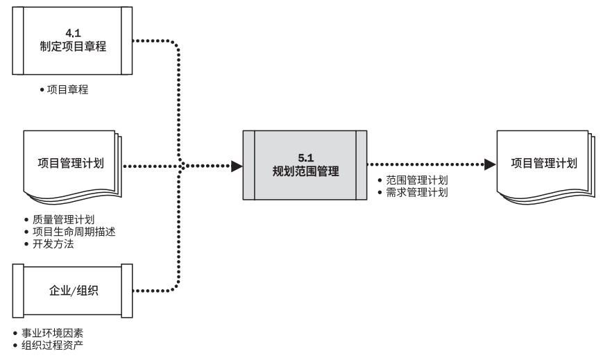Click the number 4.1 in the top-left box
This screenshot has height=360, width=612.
pyautogui.click(x=74, y=32)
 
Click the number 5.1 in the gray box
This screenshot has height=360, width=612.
pyautogui.click(x=305, y=157)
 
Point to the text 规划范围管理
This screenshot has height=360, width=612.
pyautogui.click(x=305, y=169)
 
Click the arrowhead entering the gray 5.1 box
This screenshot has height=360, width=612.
pyautogui.click(x=237, y=166)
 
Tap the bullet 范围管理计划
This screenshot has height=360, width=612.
pyautogui.click(x=416, y=180)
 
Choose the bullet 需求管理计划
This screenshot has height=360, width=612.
pyautogui.click(x=416, y=191)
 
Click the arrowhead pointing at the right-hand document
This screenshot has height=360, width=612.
pyautogui.click(x=490, y=164)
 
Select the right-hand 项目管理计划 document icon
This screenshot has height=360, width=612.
pyautogui.click(x=544, y=164)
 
